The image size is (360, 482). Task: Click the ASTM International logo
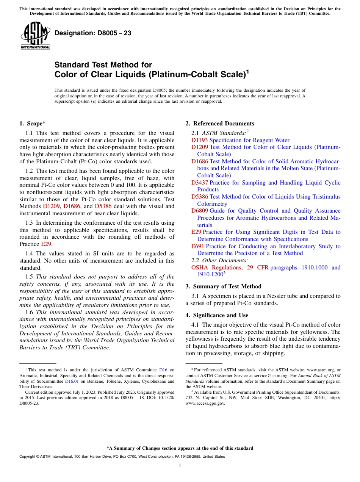(x=35, y=35)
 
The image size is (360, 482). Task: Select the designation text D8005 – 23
(x=93, y=33)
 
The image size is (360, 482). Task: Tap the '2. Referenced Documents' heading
(x=220, y=124)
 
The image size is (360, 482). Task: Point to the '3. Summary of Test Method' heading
(x=223, y=286)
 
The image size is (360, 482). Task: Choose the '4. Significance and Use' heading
(x=217, y=315)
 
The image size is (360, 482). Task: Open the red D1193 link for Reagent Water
(x=200, y=140)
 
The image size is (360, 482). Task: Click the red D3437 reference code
(x=200, y=183)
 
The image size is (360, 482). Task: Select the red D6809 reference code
(x=200, y=211)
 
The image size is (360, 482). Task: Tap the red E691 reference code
(x=198, y=246)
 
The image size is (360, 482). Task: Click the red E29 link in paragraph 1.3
(x=46, y=244)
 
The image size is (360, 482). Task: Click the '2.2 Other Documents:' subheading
(x=220, y=260)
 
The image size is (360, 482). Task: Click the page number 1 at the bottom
(x=180, y=466)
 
